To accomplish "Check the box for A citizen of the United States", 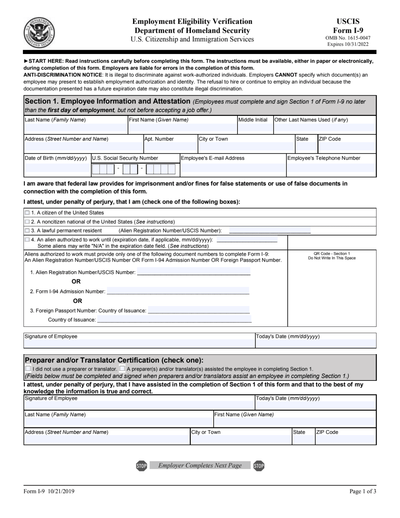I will (x=27, y=212).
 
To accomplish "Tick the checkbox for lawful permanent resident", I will (x=27, y=231).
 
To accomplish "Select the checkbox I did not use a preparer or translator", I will (x=28, y=369).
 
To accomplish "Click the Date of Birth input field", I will (x=57, y=168).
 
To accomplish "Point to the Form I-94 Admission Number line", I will (x=178, y=291).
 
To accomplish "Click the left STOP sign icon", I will (x=141, y=466).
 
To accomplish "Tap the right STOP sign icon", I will (x=259, y=466).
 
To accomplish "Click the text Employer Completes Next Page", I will (x=200, y=466).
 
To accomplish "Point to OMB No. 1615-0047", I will (x=348, y=38).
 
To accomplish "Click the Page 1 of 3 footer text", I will (x=363, y=492).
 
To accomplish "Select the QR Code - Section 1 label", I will (x=331, y=253).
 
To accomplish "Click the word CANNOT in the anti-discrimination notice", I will (x=286, y=75).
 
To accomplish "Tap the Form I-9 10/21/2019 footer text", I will (x=49, y=492).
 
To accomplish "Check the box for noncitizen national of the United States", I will (x=27, y=222).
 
